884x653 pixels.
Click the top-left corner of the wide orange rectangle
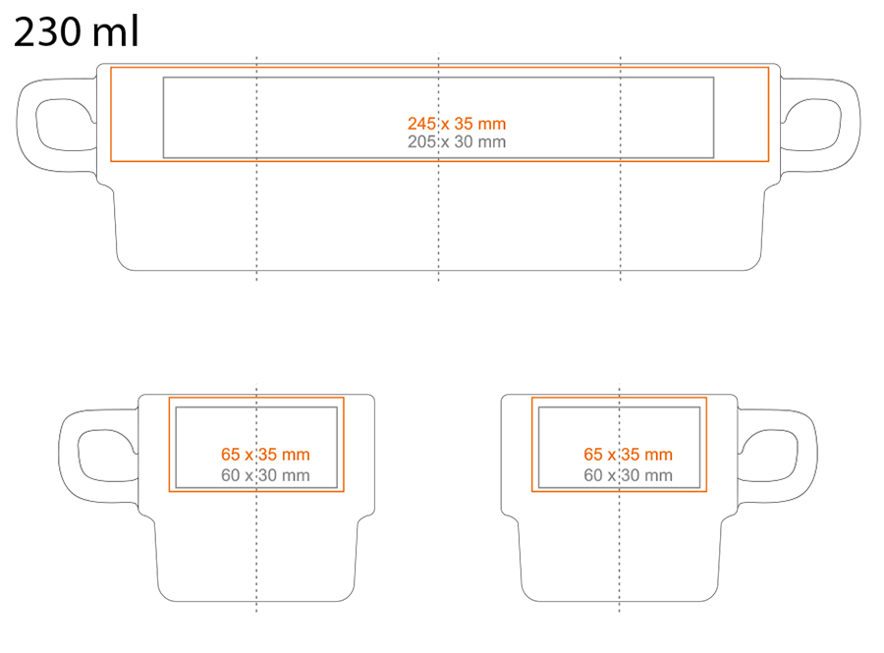[111, 68]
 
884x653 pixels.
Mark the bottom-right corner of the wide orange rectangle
[768, 161]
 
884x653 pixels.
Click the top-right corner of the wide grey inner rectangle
[714, 78]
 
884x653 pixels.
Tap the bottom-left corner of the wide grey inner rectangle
[163, 158]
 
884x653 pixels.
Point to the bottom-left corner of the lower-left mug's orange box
[169, 491]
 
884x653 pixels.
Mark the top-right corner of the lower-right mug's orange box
[706, 398]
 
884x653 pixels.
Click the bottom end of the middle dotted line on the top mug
[439, 280]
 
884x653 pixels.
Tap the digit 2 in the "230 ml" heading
[25, 32]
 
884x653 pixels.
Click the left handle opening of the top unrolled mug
[65, 125]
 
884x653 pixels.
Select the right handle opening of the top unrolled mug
[811, 125]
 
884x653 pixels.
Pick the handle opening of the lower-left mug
[107, 456]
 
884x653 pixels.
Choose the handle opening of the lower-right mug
[768, 456]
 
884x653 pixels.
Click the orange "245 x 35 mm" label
[457, 124]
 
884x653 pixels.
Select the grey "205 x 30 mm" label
[457, 141]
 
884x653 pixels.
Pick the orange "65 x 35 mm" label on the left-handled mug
[265, 454]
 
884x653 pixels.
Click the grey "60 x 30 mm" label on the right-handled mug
[628, 475]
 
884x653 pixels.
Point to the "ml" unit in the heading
[116, 31]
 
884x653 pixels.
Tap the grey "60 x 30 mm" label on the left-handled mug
[265, 475]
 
